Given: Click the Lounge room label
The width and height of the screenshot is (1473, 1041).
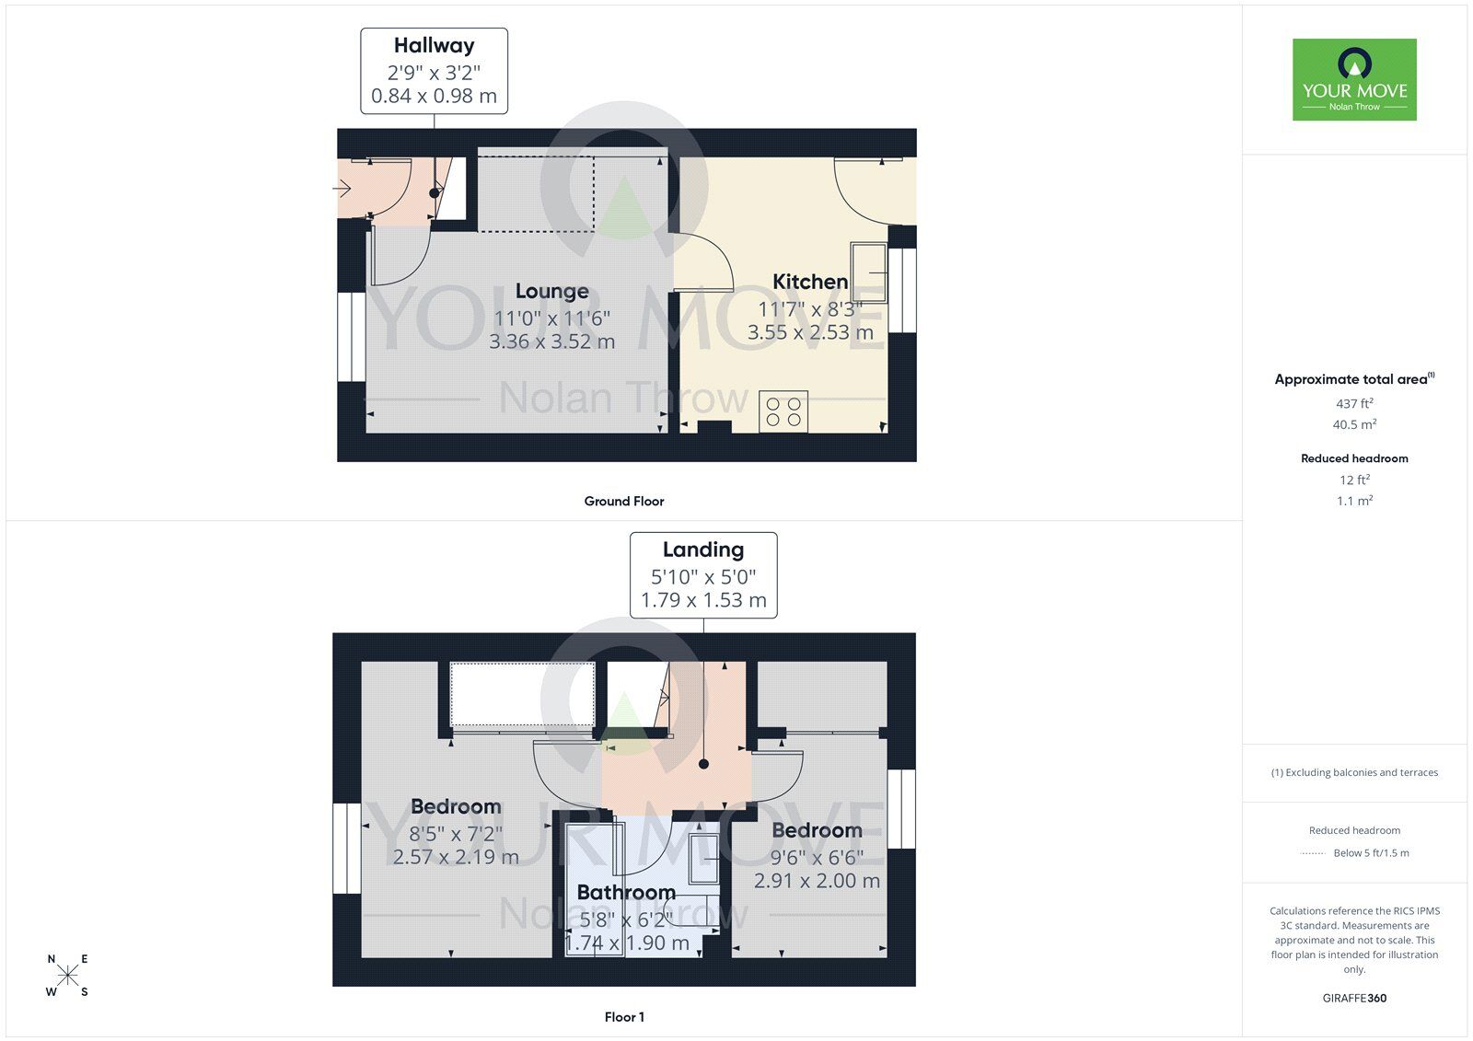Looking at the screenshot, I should (x=551, y=292).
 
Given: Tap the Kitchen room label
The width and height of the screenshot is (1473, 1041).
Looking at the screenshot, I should (x=810, y=282).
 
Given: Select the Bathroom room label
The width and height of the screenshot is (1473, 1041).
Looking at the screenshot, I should (x=626, y=892).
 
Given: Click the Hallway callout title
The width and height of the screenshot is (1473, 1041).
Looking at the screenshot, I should (x=434, y=45).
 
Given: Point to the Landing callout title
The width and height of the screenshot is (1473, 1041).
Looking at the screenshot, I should (x=702, y=549).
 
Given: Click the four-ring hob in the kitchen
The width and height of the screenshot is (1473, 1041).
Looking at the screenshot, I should (x=783, y=411).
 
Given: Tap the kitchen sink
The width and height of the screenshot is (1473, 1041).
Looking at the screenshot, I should (x=870, y=272).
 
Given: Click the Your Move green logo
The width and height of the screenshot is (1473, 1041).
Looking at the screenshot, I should (x=1354, y=79).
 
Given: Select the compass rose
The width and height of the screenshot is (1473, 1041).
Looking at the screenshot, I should (x=67, y=976).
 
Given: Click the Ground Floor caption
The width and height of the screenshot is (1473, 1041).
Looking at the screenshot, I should (x=623, y=501).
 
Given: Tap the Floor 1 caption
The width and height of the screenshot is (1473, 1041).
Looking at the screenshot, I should (x=624, y=1017).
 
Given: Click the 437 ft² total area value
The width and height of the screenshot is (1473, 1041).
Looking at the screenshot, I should (x=1354, y=403).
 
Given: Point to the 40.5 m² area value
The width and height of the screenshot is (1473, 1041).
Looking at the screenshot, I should (x=1354, y=424).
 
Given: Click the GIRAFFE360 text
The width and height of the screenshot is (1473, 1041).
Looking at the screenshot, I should (x=1354, y=998).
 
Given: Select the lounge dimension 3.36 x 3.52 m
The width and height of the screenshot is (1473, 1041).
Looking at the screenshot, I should (x=551, y=341).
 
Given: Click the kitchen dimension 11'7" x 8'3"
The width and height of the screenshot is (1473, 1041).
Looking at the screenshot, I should (x=810, y=309).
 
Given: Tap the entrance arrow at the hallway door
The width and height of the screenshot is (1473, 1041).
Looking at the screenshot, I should (x=342, y=190).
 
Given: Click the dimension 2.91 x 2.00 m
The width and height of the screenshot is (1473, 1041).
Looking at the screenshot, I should (x=817, y=881).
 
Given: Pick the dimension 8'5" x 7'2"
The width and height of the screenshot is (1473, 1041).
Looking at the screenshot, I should (x=456, y=834).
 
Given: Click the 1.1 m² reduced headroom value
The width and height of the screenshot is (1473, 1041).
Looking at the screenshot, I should (x=1354, y=501).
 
